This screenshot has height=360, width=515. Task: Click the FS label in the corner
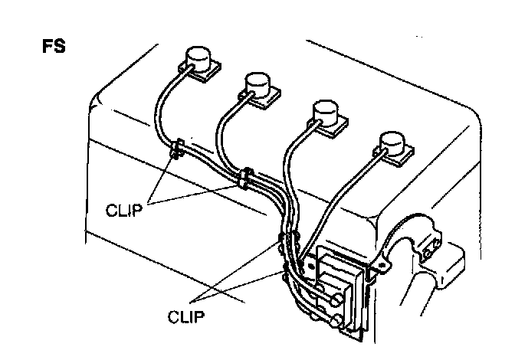[x=53, y=46]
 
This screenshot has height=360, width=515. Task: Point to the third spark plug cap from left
[x=328, y=111]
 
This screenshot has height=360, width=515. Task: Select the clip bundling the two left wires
[x=244, y=178]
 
